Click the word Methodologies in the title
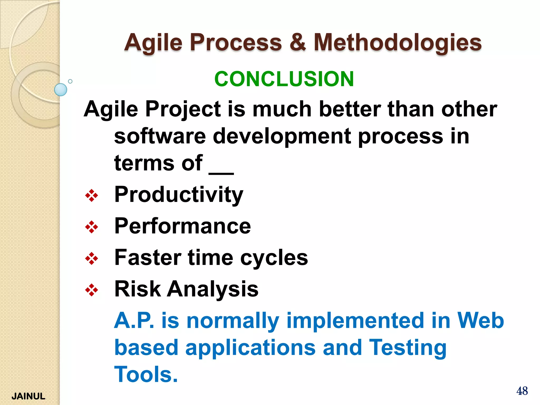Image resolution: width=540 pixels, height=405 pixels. click(398, 43)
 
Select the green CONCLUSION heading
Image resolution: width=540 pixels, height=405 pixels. click(284, 79)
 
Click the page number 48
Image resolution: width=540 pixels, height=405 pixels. click(522, 391)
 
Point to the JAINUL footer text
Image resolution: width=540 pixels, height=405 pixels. click(28, 396)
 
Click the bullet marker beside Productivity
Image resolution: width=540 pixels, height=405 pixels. click(91, 196)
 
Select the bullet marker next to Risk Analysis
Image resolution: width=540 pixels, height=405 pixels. click(91, 290)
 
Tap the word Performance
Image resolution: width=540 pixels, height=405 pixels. click(182, 226)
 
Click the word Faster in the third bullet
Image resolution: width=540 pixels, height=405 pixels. click(148, 257)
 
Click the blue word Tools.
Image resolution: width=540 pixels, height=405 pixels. click(146, 374)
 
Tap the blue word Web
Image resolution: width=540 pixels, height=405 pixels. click(480, 320)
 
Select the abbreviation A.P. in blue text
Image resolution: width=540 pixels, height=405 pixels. click(134, 320)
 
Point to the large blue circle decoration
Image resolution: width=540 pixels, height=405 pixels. click(61, 90)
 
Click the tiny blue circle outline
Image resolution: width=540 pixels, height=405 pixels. click(70, 81)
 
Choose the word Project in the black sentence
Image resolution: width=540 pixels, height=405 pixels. click(183, 109)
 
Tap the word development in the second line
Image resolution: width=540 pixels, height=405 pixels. click(282, 137)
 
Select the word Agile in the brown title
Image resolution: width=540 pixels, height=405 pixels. click(153, 43)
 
